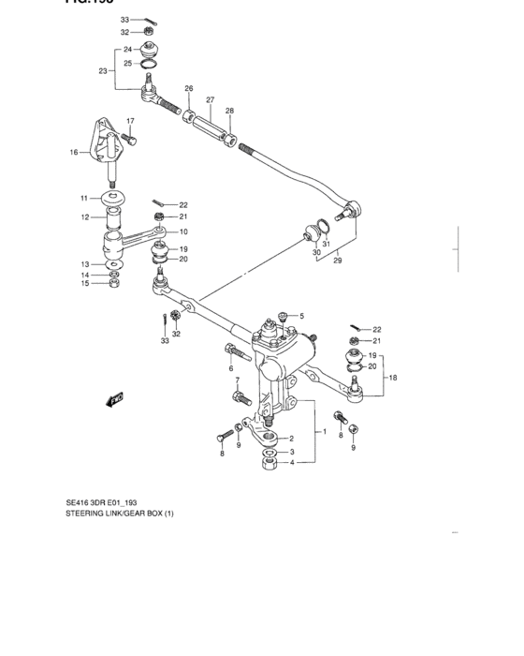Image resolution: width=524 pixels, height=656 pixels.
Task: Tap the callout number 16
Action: pos(73,152)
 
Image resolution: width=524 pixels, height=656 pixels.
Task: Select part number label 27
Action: pos(211,99)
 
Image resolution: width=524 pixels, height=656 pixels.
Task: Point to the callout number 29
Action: pos(337,261)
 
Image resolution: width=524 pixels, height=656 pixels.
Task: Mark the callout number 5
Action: pos(302,315)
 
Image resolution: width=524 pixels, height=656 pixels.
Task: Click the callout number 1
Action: pos(325,432)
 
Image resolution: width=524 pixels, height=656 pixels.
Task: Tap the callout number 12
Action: pos(84,217)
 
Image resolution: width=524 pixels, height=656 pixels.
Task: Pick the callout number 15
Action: pos(84,284)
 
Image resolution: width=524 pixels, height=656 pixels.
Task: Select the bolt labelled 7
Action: pos(240,399)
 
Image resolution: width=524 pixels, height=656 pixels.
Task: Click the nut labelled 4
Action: pos(269,466)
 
